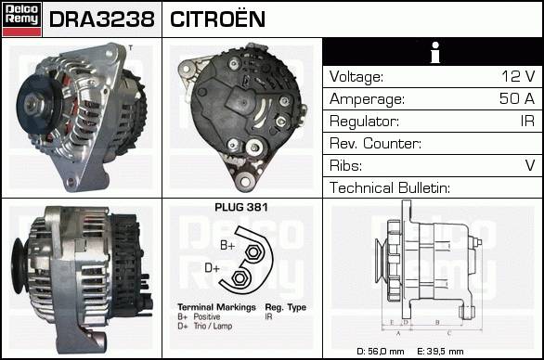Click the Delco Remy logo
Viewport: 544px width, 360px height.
coord(21,19)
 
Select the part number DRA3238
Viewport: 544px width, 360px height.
coord(102,19)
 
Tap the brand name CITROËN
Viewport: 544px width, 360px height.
coord(217,19)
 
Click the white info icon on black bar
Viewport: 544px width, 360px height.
coord(435,52)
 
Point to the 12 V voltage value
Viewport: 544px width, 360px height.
coord(518,76)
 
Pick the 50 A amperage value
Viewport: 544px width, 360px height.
coord(517,98)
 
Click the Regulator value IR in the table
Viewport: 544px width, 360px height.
coord(527,121)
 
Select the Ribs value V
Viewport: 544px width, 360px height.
coord(530,165)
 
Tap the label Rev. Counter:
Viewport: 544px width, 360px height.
coord(375,143)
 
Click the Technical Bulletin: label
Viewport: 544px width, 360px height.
coord(390,187)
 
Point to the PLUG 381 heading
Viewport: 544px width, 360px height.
coord(241,208)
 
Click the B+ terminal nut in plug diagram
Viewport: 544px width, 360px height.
coord(253,251)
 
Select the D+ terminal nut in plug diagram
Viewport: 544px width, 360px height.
coord(239,277)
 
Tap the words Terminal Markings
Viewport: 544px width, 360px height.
coord(216,307)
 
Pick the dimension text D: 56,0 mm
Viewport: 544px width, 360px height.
coord(381,352)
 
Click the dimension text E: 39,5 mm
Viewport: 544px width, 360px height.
coord(440,352)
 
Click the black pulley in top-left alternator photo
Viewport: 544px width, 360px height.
coord(35,104)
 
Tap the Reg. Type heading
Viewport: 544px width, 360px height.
coord(286,307)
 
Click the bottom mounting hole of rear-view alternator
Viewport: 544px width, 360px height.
coord(245,181)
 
